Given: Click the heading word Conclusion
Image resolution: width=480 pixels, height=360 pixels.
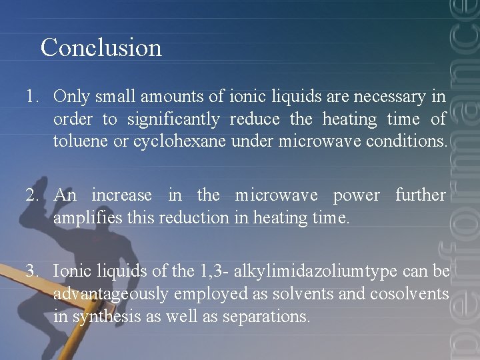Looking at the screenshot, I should (x=101, y=48).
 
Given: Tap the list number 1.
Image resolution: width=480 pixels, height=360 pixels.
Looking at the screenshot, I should (x=31, y=97).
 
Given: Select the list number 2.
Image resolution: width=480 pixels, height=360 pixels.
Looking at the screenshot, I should (x=31, y=195).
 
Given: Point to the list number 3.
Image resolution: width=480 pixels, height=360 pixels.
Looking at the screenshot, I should (x=31, y=271).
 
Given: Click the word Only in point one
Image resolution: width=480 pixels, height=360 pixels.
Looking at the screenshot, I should (x=71, y=97).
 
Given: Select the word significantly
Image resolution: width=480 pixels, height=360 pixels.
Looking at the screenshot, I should (x=173, y=120).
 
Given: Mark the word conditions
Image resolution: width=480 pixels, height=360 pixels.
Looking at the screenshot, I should (x=407, y=141).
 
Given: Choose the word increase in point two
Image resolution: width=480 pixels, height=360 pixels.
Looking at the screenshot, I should (x=121, y=195).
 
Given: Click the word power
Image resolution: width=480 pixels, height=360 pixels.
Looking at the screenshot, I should (x=356, y=195).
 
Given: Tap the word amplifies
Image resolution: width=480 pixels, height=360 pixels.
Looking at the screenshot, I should (x=83, y=217).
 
